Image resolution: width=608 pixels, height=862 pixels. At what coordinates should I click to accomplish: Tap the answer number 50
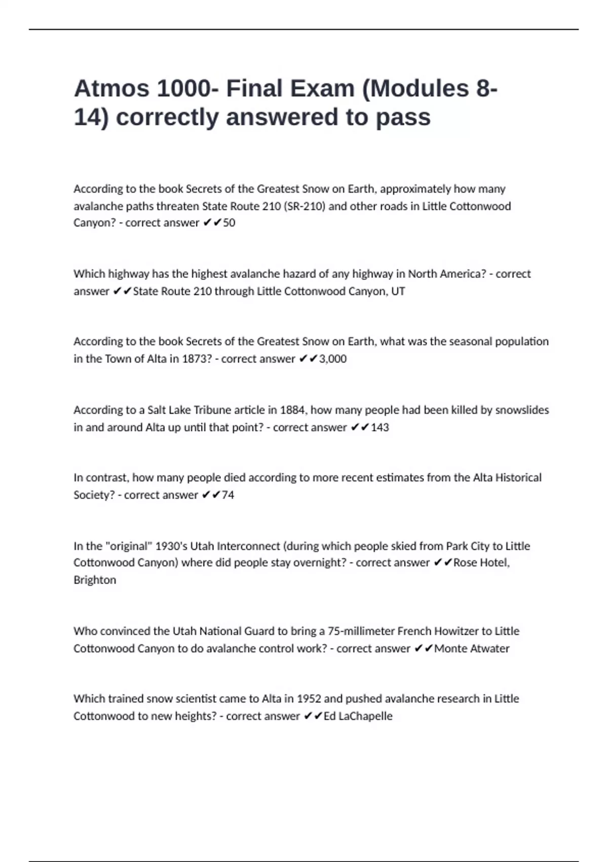[229, 223]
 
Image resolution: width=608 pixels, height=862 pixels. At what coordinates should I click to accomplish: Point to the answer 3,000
[333, 359]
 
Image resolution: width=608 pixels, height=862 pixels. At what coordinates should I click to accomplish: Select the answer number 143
[379, 427]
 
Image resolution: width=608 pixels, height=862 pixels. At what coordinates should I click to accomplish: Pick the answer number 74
[228, 495]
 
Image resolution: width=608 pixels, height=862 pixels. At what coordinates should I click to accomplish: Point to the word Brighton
[95, 580]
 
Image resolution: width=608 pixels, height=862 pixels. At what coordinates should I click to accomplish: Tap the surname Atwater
[489, 649]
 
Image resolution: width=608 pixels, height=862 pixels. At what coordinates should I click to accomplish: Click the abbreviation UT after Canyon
[398, 291]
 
